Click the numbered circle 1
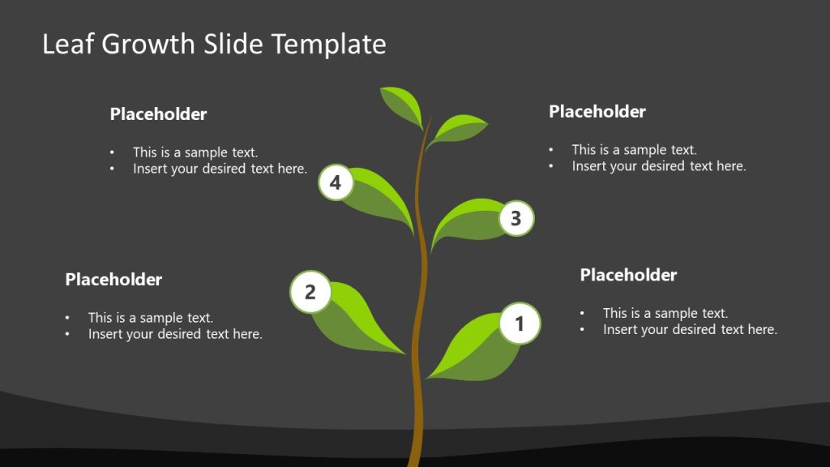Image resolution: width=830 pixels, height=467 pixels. click(520, 323)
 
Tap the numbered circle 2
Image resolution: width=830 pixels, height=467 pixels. click(310, 291)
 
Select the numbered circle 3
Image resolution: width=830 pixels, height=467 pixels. click(516, 217)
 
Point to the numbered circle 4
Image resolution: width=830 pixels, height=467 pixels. click(336, 182)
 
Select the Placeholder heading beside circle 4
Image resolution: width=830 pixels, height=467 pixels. click(158, 114)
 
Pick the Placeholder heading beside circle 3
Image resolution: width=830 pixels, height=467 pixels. click(597, 111)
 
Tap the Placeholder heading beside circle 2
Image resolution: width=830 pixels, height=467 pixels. click(113, 280)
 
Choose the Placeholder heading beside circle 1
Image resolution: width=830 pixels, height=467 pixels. click(628, 275)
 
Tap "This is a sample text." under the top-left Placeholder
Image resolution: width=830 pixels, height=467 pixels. click(195, 152)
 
